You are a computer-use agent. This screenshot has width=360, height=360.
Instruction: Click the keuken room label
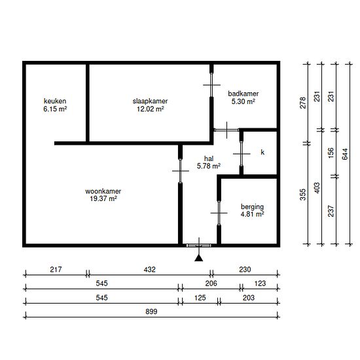55,101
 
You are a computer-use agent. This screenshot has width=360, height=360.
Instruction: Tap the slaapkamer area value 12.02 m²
151,109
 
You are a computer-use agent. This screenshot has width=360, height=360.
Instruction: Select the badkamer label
243,94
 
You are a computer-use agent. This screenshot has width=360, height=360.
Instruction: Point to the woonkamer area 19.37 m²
103,198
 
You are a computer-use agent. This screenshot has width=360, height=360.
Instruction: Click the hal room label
209,158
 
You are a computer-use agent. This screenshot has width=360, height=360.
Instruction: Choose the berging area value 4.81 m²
252,214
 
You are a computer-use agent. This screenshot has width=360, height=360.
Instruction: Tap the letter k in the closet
262,153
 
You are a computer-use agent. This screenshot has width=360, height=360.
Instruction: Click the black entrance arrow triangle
198,259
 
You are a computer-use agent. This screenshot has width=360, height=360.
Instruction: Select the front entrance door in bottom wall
199,245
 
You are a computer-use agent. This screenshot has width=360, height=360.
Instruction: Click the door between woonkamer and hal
181,171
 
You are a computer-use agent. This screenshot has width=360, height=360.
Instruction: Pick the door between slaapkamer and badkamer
211,85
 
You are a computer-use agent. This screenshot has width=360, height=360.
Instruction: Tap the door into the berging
219,213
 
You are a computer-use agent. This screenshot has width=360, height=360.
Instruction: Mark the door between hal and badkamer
227,130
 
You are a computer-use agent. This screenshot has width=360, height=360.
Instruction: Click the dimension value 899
151,312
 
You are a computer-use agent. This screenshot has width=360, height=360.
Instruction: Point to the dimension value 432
149,269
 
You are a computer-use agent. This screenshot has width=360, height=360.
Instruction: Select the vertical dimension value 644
345,154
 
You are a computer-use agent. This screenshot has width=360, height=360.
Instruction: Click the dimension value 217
56,269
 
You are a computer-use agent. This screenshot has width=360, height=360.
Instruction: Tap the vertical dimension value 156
331,153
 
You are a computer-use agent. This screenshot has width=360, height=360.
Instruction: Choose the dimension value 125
200,298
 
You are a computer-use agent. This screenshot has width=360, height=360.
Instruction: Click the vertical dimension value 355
303,194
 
